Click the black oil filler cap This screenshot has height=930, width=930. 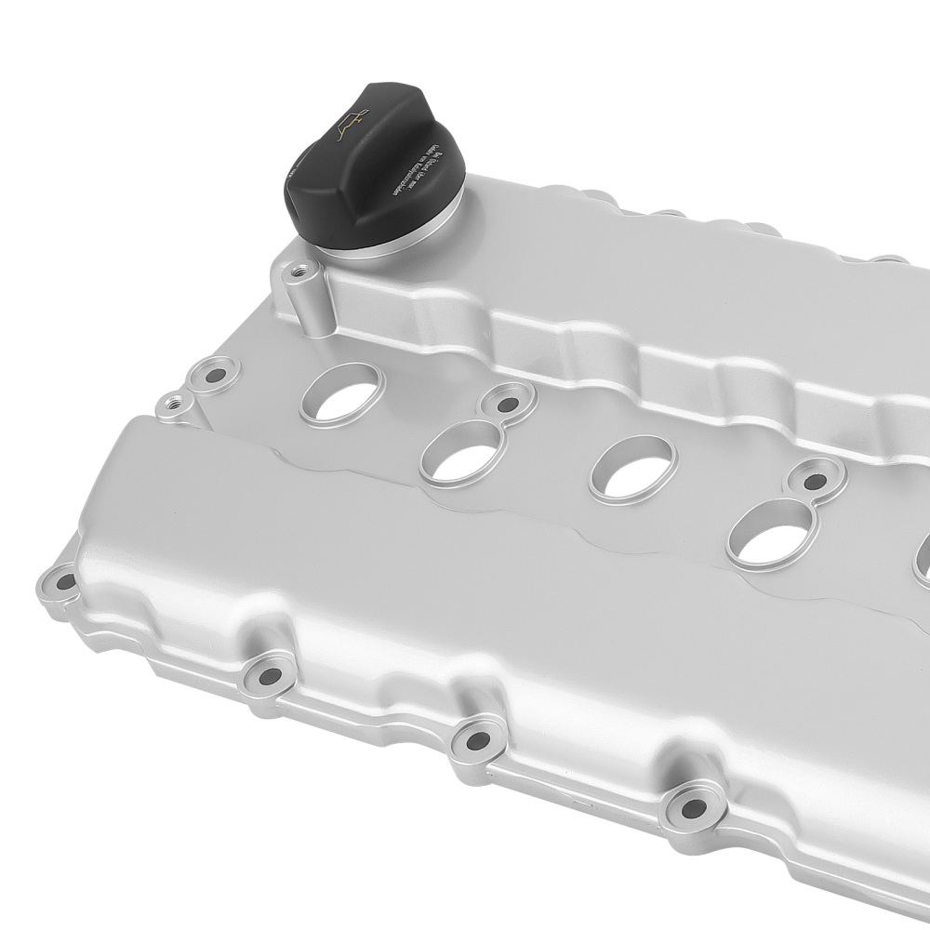[372, 172]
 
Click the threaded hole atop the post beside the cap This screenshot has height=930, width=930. [299, 272]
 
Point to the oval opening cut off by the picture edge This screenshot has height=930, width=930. [923, 558]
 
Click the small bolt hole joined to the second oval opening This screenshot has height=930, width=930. [507, 404]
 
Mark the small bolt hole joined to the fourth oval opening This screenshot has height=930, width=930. [816, 482]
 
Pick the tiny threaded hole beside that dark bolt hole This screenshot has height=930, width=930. [171, 405]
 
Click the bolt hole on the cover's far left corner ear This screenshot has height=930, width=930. [65, 583]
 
